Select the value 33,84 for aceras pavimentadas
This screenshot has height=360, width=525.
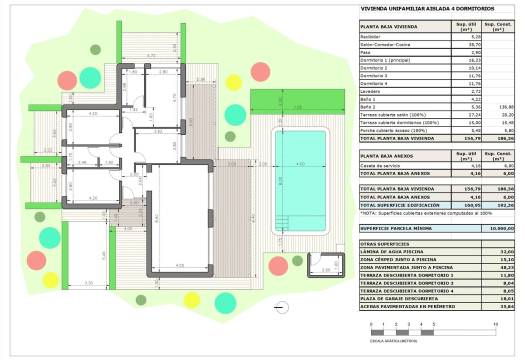(x=490, y=306)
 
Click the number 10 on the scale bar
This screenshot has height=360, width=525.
(x=496, y=325)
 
